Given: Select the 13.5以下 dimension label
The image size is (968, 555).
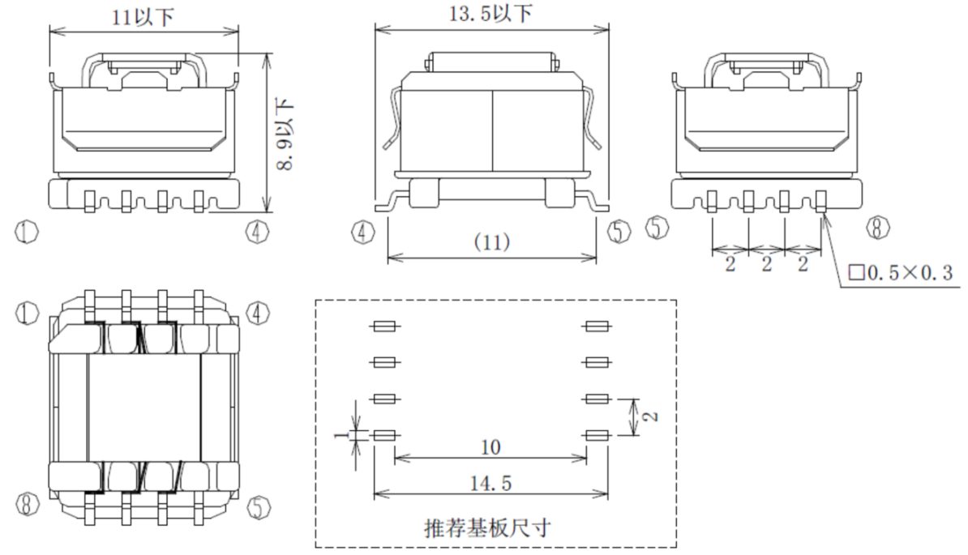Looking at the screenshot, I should pos(490,13).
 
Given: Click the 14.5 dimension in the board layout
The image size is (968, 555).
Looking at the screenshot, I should pos(490,483).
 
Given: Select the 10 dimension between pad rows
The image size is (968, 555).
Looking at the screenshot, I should pos(490,447).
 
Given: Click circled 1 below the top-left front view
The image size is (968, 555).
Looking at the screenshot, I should pos(27,233).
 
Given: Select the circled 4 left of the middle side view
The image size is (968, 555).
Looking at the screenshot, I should pos(362,233).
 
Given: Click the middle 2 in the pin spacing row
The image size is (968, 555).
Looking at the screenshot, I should pos(766,265).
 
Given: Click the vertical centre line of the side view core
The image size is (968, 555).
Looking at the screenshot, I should pos(492,130).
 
